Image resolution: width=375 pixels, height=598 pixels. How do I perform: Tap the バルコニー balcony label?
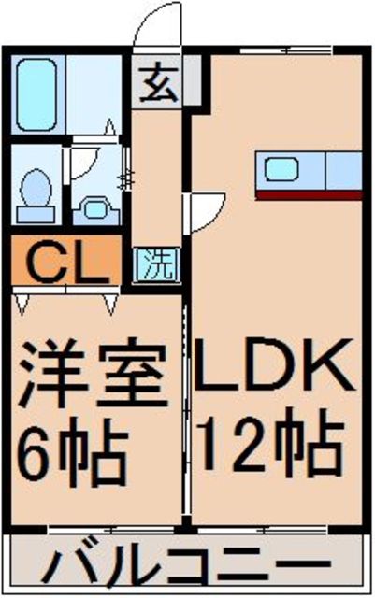click(x=187, y=566)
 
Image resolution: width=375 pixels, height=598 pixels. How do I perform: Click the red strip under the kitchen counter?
click(x=309, y=194)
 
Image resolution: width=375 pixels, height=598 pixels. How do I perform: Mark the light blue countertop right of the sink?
click(x=342, y=170)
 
